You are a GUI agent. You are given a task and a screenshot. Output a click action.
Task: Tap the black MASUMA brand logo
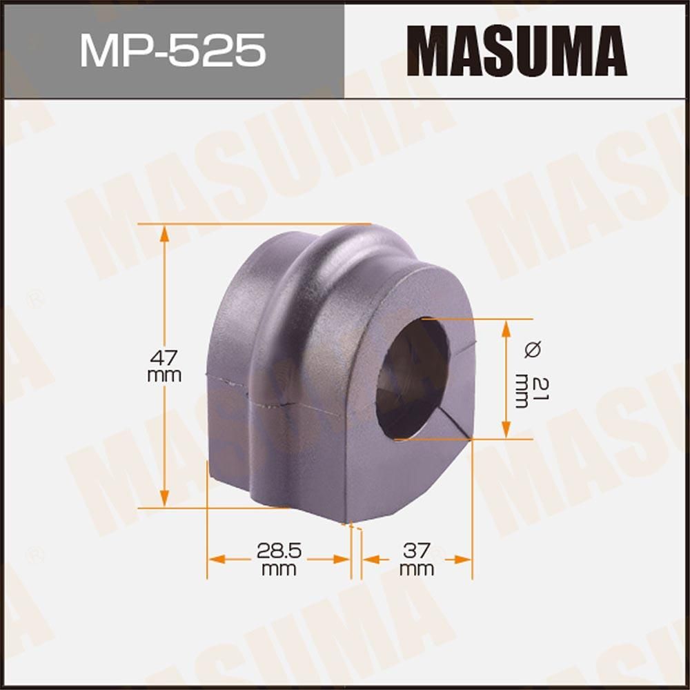point(516,52)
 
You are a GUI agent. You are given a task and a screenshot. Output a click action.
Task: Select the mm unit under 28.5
point(277,569)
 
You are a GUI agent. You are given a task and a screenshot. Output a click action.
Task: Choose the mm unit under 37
point(417,569)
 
